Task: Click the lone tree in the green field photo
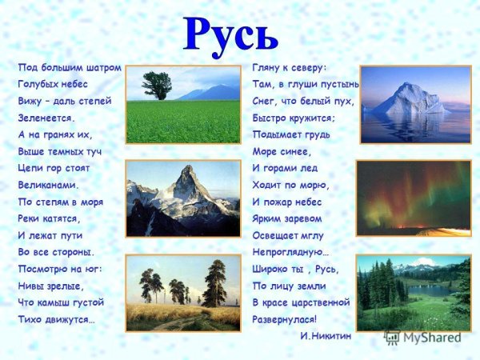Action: click(156, 85)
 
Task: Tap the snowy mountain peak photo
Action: click(183, 198)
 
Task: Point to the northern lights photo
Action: click(413, 198)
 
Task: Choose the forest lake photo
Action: click(413, 293)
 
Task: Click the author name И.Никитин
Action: click(326, 336)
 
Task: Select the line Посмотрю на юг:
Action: click(60, 268)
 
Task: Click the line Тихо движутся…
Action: click(56, 319)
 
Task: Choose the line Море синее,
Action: click(282, 151)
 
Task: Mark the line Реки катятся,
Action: click(50, 218)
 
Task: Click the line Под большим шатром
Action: click(69, 67)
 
